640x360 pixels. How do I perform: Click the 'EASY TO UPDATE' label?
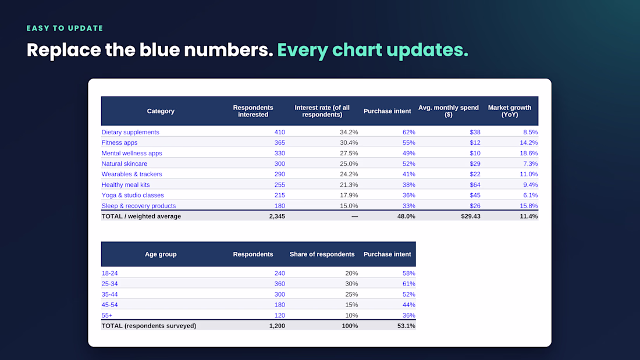pos(65,28)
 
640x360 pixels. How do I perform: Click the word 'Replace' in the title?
pos(63,50)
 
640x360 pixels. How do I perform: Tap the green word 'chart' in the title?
pos(357,50)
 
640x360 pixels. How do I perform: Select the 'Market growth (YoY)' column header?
pos(510,111)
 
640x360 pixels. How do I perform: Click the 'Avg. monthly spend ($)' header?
pos(448,111)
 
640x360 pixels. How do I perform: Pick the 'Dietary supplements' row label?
pos(130,132)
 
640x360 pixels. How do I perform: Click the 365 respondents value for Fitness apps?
pos(280,143)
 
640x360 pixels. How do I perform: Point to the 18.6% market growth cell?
pos(528,153)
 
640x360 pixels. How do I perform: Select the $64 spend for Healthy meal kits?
pos(475,185)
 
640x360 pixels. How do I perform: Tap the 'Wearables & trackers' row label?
pos(132,174)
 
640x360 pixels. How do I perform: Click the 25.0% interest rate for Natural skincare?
pos(349,163)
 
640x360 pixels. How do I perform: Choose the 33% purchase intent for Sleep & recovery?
pos(408,206)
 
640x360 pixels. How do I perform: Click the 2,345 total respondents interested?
pos(277,216)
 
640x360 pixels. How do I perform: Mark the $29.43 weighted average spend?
pos(471,216)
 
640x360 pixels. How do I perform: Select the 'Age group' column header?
pos(161,254)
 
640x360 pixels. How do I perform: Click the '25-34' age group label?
pos(109,284)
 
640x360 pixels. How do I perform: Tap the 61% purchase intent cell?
pos(408,284)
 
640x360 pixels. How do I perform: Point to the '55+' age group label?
pos(107,316)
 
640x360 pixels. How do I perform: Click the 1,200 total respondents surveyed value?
pos(277,326)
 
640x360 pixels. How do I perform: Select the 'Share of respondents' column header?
pos(322,254)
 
